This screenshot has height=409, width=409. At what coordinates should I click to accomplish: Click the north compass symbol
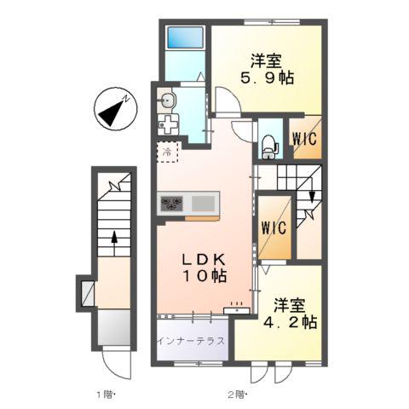pyautogui.click(x=113, y=110)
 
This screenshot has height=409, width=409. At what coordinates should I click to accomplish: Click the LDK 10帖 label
pyautogui.click(x=201, y=268)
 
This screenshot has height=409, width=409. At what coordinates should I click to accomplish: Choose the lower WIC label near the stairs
pyautogui.click(x=274, y=228)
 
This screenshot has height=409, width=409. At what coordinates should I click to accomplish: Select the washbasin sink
pyautogui.click(x=167, y=101)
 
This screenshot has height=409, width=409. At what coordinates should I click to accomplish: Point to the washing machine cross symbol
pyautogui.click(x=169, y=124)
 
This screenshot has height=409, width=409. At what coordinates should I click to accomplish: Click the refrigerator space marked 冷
pyautogui.click(x=168, y=153)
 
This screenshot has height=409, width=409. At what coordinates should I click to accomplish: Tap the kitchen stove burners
pyautogui.click(x=172, y=203)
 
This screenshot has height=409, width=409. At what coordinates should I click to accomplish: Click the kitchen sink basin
pyautogui.click(x=204, y=203)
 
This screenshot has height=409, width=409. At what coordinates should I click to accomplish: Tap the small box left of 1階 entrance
pyautogui.click(x=88, y=292)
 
